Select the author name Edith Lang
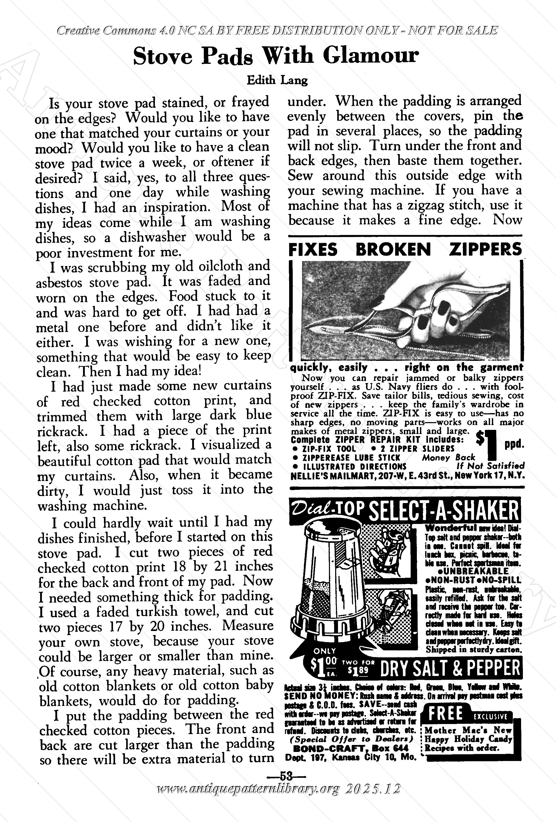tap(277, 81)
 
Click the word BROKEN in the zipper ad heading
tap(393, 249)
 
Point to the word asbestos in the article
tap(59, 283)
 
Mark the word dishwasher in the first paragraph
tap(153, 237)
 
